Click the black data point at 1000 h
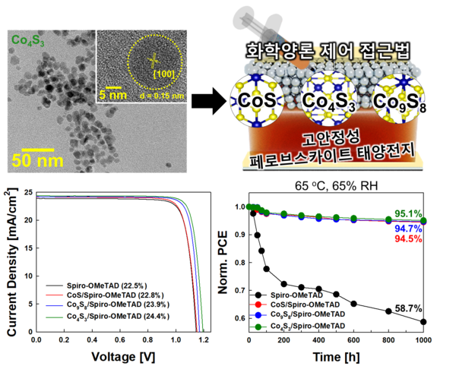coord(423,322)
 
